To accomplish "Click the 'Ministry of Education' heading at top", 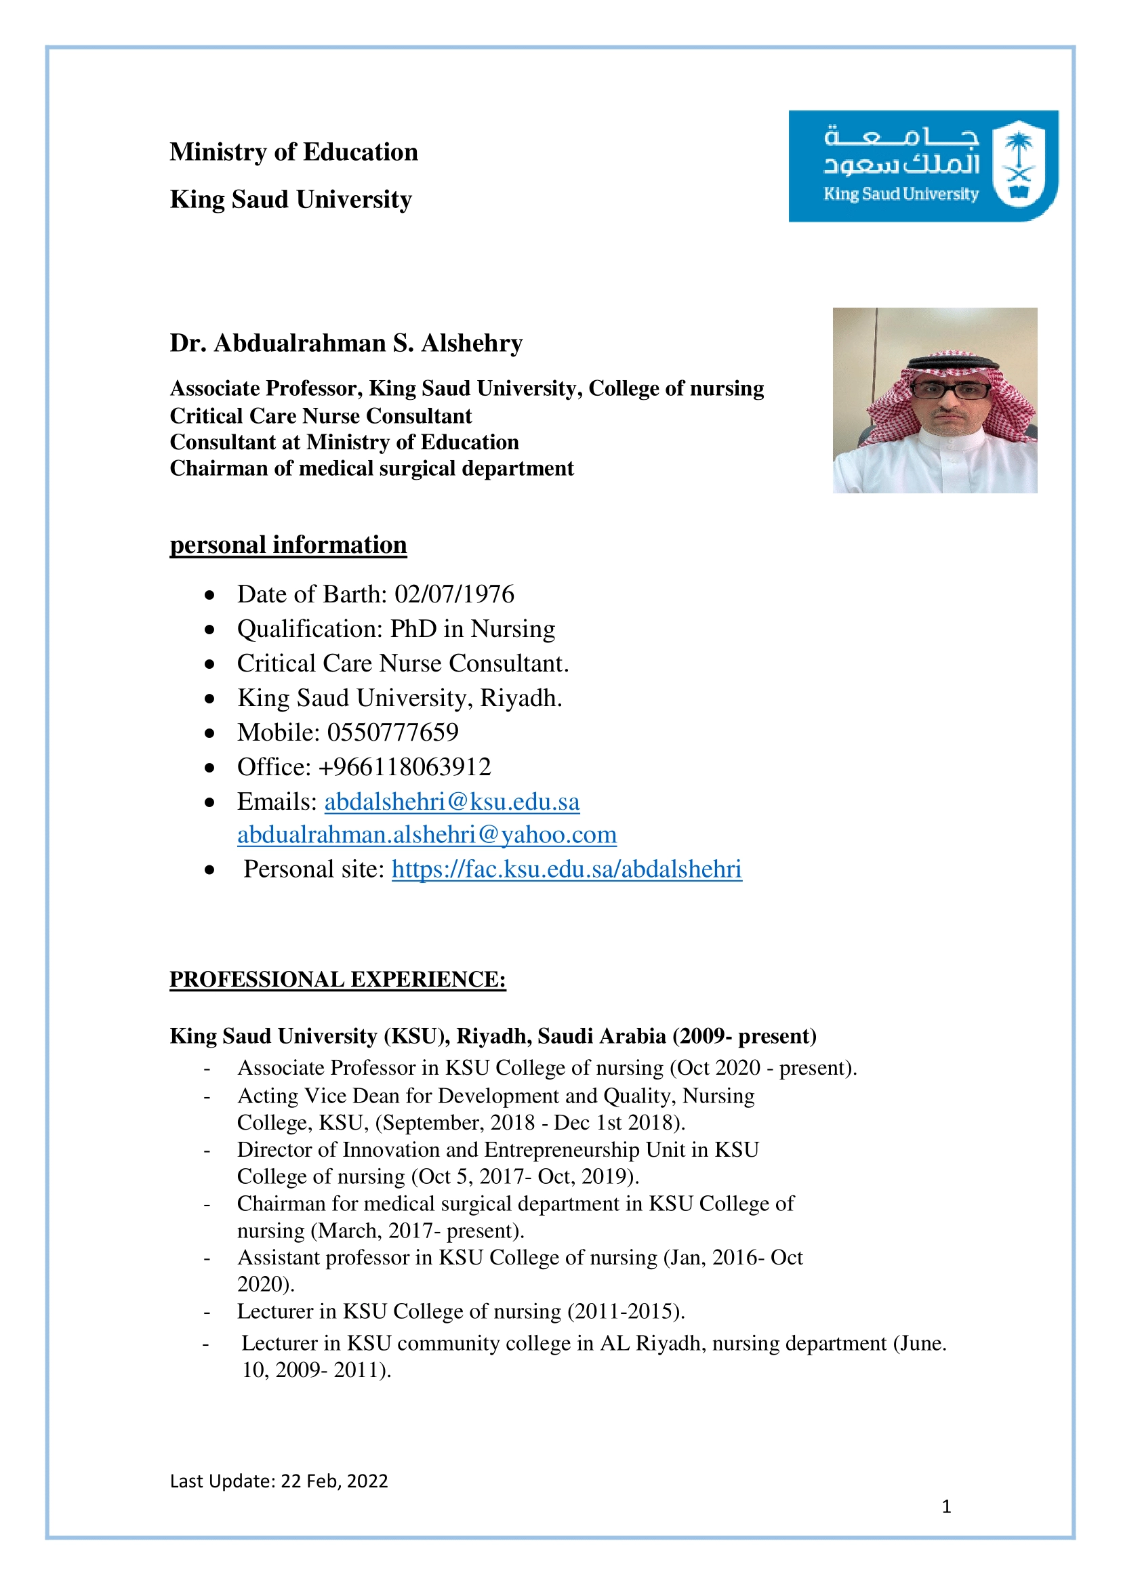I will tap(294, 152).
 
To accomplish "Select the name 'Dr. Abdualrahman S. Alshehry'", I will tap(346, 343).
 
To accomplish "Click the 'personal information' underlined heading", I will tap(288, 545).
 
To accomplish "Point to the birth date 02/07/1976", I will tap(454, 594).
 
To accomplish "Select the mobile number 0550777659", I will tap(393, 733).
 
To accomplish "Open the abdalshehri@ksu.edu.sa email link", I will tap(452, 802).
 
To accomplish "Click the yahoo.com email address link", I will tap(426, 835).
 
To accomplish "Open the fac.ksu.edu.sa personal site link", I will tap(567, 869).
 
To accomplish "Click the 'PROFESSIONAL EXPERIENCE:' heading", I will tap(338, 980).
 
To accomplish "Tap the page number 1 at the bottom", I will tap(946, 1507).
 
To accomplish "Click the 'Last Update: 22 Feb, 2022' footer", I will tap(279, 1481).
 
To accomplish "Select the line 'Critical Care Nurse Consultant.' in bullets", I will tap(403, 663).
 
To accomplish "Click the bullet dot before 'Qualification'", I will tap(210, 630).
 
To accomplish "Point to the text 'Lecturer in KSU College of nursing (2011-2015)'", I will tap(460, 1311).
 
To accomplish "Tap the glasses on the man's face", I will tap(950, 390).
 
